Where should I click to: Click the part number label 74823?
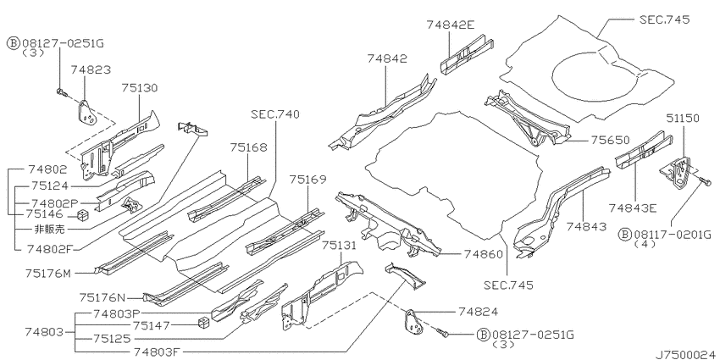click(x=91, y=69)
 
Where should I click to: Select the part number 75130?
click(x=140, y=88)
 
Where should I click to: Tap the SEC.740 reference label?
click(x=275, y=114)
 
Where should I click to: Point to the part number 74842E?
click(x=450, y=25)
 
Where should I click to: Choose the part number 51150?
click(x=683, y=118)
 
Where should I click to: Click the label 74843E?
click(x=633, y=208)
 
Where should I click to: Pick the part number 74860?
click(x=483, y=254)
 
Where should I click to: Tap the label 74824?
click(x=478, y=312)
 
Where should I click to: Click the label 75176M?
click(x=48, y=274)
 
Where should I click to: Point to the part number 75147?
click(x=152, y=325)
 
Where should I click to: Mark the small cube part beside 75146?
click(x=82, y=214)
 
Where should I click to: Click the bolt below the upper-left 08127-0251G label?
click(x=62, y=92)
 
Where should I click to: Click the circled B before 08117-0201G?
click(x=625, y=235)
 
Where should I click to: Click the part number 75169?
click(x=307, y=180)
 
